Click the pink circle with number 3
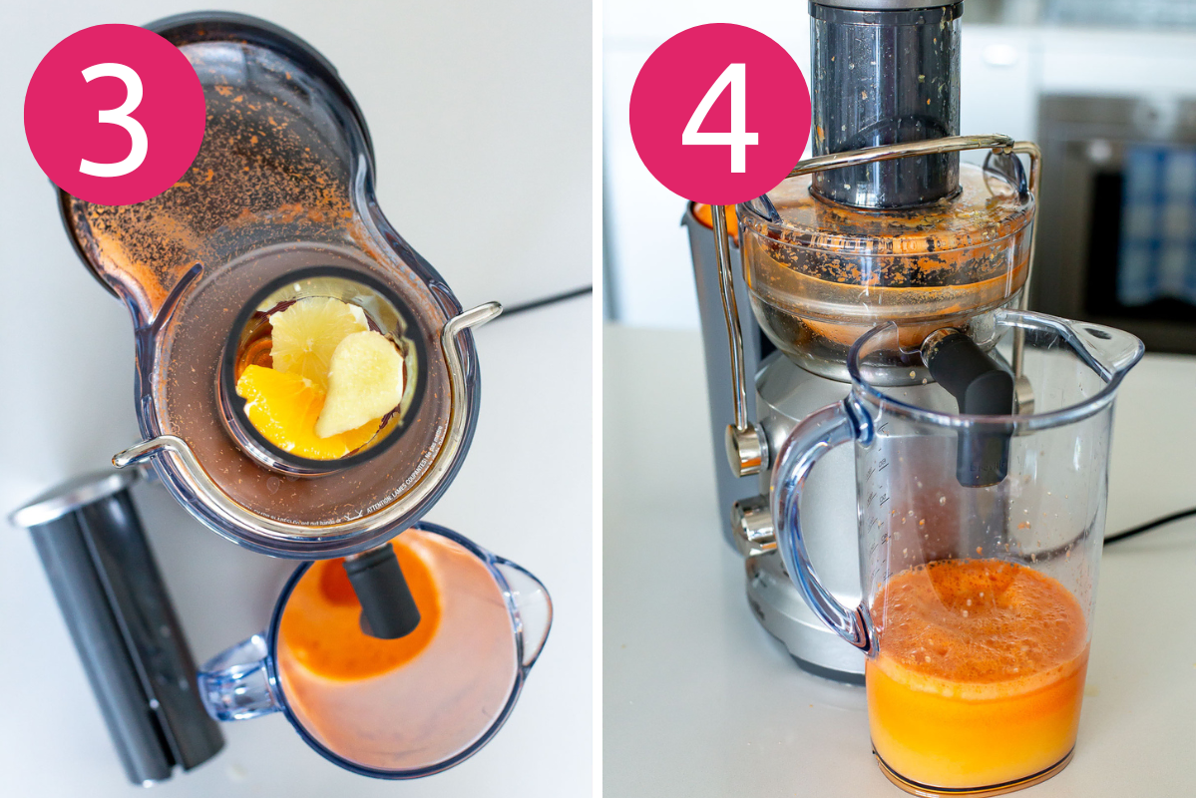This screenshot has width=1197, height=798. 115,114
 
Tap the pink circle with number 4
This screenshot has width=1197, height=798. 720,114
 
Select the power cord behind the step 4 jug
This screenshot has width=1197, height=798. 1147,527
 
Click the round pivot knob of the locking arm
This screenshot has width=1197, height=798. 746,449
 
